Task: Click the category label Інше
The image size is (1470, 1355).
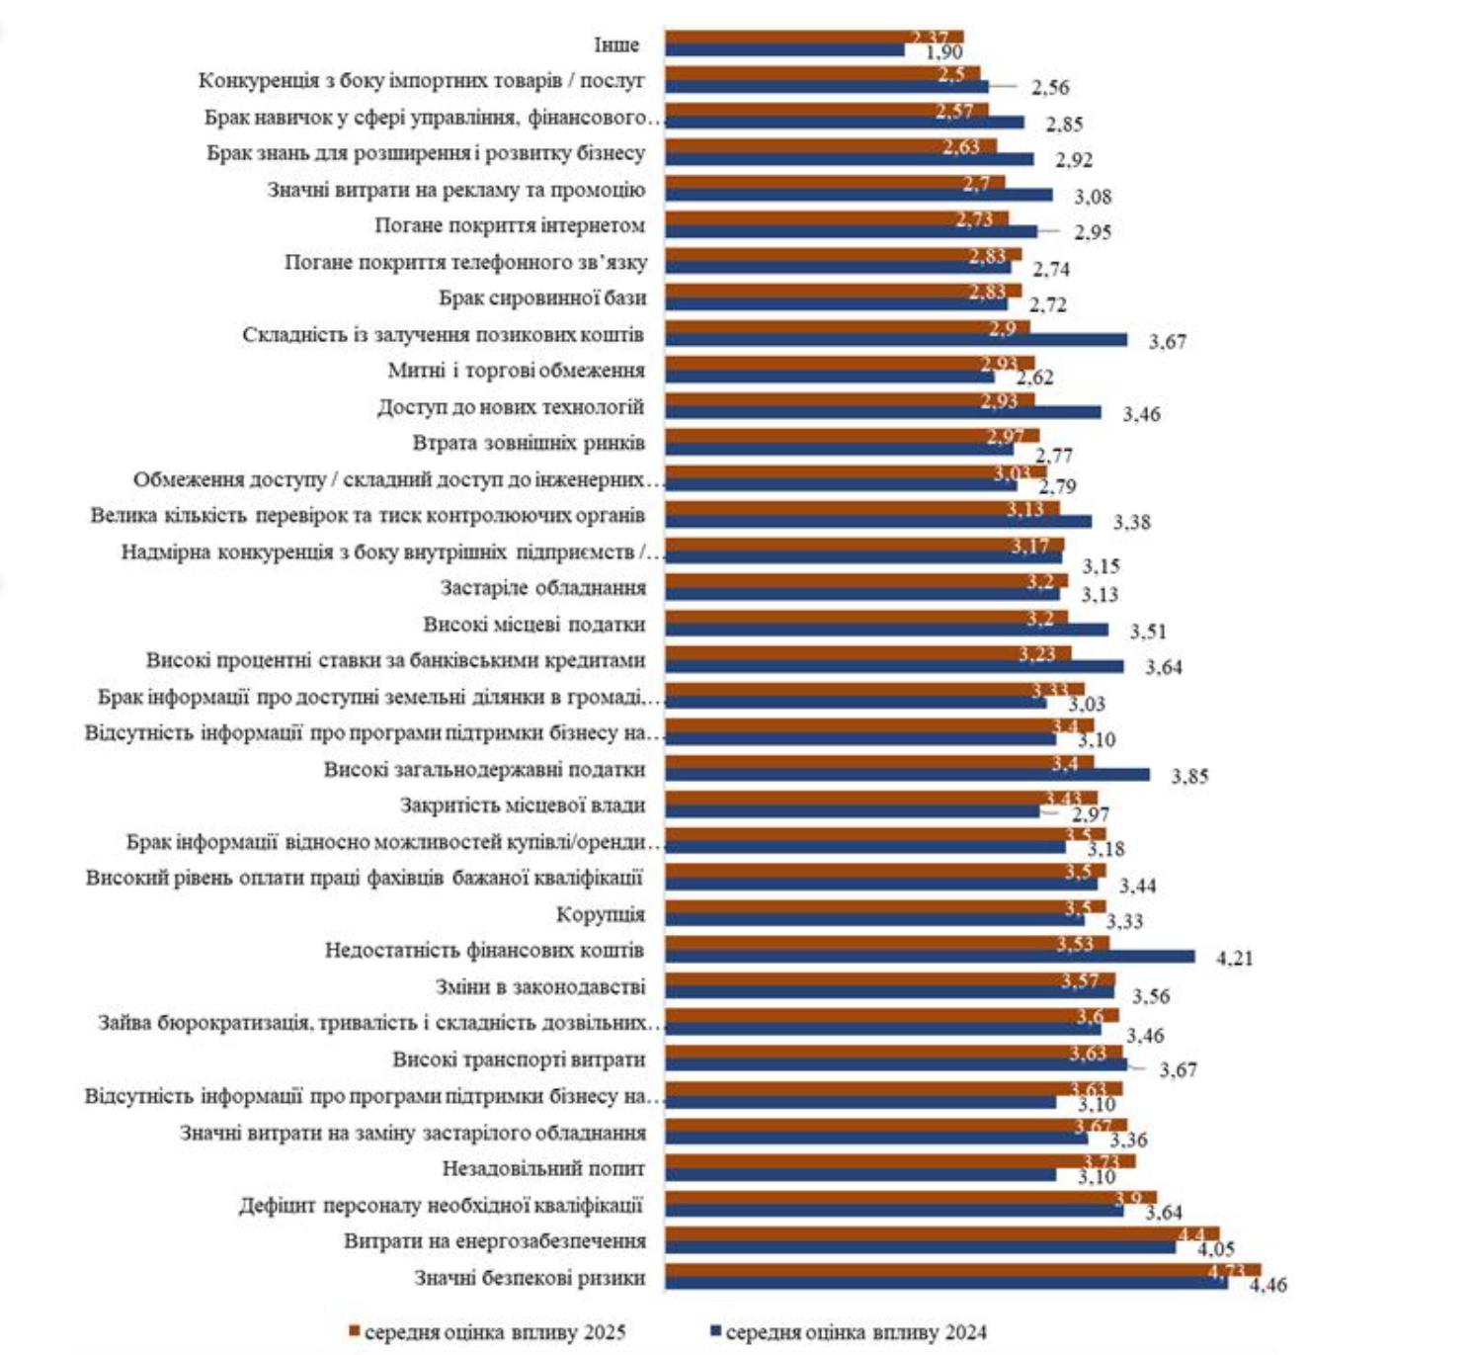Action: [x=615, y=45]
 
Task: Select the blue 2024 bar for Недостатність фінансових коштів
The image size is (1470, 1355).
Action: [x=929, y=957]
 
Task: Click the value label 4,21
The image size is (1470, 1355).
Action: [x=1234, y=958]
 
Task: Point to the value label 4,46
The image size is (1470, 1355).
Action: [x=1267, y=1285]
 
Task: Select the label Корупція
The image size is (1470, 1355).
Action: [x=600, y=914]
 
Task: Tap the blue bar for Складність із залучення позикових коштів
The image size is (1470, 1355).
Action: [x=895, y=340]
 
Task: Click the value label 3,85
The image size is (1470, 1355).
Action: [x=1189, y=777]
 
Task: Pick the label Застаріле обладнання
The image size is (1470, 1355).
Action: [x=542, y=588]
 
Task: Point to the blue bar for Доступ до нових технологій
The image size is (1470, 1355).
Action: [x=882, y=412]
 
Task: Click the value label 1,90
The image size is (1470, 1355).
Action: [x=943, y=52]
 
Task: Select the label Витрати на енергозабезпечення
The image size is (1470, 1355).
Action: [x=494, y=1241]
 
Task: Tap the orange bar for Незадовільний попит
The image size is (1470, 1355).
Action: [x=899, y=1161]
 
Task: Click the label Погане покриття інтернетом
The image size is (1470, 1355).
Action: [x=509, y=225]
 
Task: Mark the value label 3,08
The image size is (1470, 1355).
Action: [x=1093, y=197]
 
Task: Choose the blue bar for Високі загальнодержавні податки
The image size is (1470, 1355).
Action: [x=906, y=775]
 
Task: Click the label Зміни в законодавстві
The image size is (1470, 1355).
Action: [x=539, y=986]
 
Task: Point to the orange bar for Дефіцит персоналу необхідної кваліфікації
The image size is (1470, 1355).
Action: [x=909, y=1198]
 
